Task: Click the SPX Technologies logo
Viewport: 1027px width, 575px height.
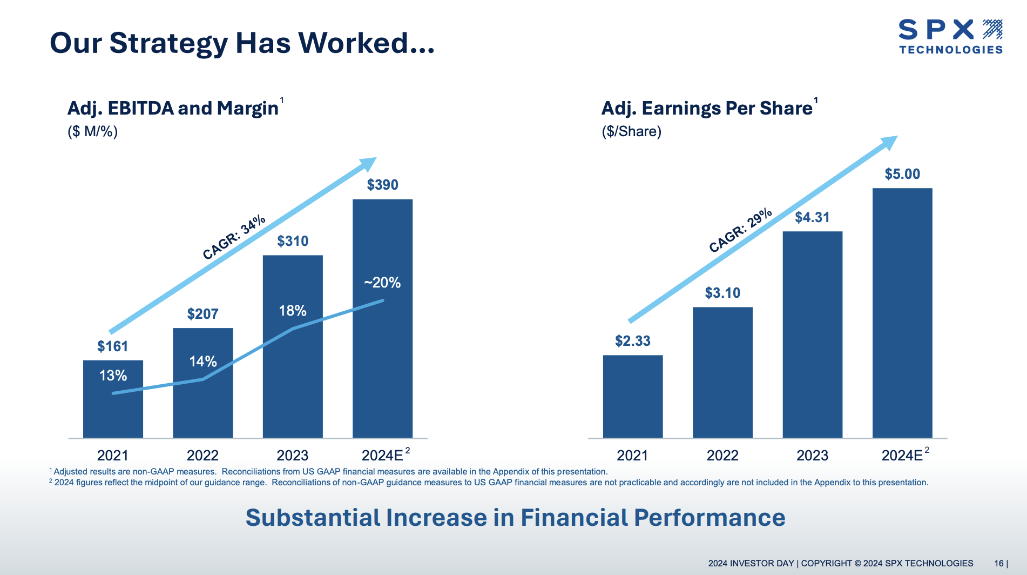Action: coord(950,37)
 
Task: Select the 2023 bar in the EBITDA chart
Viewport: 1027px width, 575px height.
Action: coord(293,378)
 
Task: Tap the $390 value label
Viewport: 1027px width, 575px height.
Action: coord(382,185)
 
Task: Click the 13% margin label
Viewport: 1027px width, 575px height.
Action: coord(113,376)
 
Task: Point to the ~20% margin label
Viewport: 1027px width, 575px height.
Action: coord(382,283)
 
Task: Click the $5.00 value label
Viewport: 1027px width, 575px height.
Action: coord(902,174)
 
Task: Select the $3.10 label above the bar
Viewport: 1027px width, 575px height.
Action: coord(722,293)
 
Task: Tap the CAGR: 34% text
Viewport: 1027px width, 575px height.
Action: coord(234,237)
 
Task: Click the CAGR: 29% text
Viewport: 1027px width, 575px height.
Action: coord(740,231)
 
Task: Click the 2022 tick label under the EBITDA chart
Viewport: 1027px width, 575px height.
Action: coord(202,456)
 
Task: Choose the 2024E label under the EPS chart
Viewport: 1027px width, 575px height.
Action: coord(902,456)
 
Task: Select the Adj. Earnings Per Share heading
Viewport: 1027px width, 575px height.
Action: coord(707,108)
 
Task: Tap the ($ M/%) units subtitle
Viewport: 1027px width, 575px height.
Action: coord(92,131)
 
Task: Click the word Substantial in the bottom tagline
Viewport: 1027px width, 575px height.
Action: coord(313,518)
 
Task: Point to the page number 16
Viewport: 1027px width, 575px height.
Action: coord(999,563)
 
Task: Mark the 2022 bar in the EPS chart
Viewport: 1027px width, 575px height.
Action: coord(722,372)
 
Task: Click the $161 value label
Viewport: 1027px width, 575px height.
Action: coord(112,346)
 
